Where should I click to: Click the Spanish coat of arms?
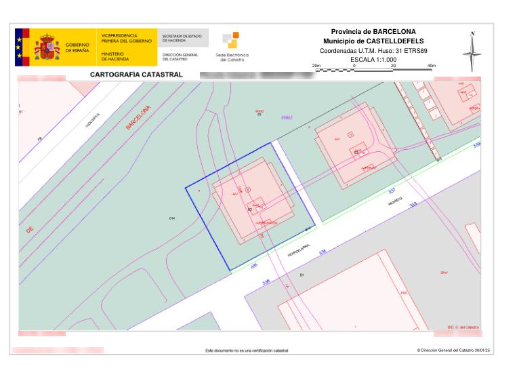tap(47, 47)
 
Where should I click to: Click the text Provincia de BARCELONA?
tap(373, 32)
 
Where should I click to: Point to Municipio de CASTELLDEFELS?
tap(373, 41)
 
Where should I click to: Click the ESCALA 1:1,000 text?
tap(373, 60)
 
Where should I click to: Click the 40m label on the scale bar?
tap(432, 65)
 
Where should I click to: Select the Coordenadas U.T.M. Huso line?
tap(373, 51)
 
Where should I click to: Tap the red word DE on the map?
tap(30, 231)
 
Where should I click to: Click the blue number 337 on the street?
tap(392, 192)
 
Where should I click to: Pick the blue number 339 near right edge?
tap(476, 144)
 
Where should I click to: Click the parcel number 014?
tap(172, 218)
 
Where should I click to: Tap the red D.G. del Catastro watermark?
tap(463, 327)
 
